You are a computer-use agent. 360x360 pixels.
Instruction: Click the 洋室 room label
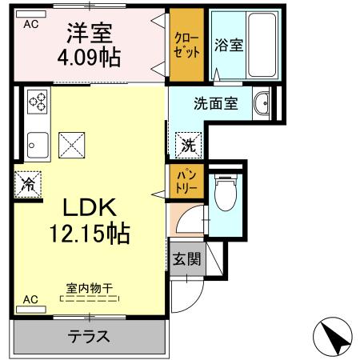pyautogui.click(x=89, y=34)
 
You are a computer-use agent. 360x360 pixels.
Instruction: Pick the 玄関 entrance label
pyautogui.click(x=185, y=260)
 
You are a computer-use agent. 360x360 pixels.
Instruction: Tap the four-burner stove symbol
pyautogui.click(x=38, y=102)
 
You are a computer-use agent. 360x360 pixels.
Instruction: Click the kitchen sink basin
pyautogui.click(x=36, y=146)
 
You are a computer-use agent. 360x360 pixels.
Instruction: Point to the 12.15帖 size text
pyautogui.click(x=89, y=234)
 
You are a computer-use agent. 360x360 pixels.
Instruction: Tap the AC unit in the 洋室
pyautogui.click(x=31, y=23)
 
